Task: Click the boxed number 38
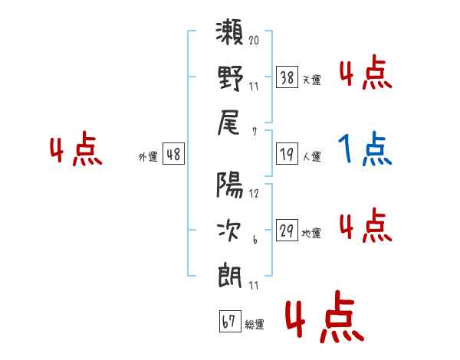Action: tap(287, 77)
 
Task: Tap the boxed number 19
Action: tap(287, 155)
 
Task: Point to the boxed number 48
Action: tap(172, 155)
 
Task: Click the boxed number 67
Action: tap(229, 322)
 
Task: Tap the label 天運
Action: tap(311, 80)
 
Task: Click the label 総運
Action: tap(254, 325)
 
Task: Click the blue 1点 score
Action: tap(365, 149)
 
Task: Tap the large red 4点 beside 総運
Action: tap(322, 320)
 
